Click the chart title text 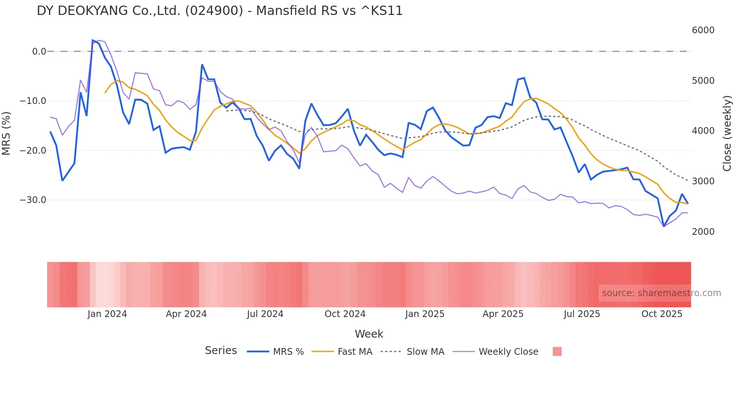[220, 11]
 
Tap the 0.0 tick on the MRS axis [39, 52]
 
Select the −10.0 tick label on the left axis [33, 101]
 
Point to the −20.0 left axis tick [33, 151]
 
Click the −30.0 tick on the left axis [33, 200]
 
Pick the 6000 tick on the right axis [703, 30]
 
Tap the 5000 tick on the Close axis [703, 81]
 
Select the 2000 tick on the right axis [703, 232]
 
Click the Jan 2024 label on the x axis [107, 314]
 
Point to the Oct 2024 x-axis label [345, 314]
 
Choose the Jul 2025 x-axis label [582, 314]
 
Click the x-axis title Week [369, 334]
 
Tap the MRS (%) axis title [6, 133]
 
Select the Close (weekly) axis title [727, 133]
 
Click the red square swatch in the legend [557, 351]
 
